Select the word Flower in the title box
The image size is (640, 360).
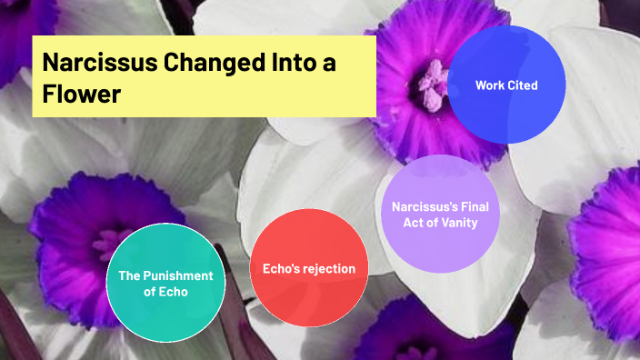pyautogui.click(x=82, y=94)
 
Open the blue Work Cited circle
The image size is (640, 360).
pyautogui.click(x=506, y=85)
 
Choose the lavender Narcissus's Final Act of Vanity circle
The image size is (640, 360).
pyautogui.click(x=440, y=214)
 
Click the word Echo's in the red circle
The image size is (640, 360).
pyautogui.click(x=279, y=269)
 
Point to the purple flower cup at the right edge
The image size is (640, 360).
pyautogui.click(x=611, y=236)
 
